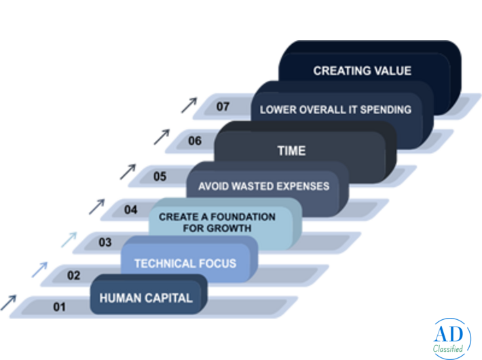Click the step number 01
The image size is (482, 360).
click(60, 307)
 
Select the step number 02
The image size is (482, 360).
click(73, 275)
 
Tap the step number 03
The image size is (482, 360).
click(105, 242)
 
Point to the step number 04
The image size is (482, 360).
click(130, 210)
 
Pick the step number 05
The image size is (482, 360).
click(160, 177)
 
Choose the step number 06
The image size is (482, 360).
click(195, 141)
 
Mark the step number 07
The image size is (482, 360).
click(223, 107)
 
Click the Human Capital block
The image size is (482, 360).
click(146, 298)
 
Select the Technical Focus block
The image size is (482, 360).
click(185, 263)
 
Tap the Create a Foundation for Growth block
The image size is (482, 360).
click(217, 222)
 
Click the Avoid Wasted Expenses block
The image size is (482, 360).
click(263, 186)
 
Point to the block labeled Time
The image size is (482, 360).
click(291, 151)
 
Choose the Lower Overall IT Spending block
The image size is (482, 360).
click(335, 109)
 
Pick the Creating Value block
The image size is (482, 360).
click(362, 71)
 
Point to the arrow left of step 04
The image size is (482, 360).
click(96, 206)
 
